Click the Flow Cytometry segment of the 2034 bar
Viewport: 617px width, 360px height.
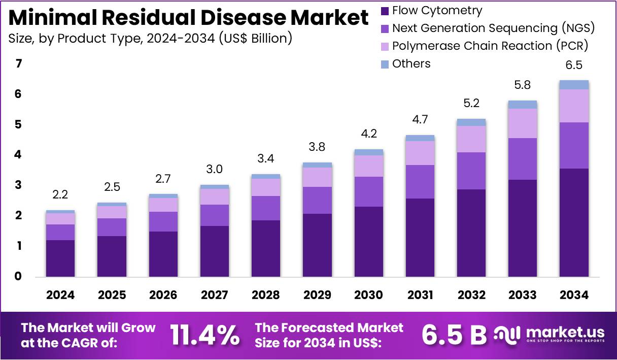574,222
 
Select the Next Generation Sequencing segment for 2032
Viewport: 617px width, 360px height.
471,171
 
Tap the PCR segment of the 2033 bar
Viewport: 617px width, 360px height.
523,123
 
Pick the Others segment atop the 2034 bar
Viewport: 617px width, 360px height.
574,85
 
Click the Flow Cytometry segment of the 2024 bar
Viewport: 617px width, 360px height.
60,258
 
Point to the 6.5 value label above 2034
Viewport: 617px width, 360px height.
574,65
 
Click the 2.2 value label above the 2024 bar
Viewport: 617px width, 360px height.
60,195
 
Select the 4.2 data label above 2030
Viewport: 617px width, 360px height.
369,135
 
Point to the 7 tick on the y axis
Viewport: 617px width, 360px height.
19,64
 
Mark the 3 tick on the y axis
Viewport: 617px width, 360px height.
19,185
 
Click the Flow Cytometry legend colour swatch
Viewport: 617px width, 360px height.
384,11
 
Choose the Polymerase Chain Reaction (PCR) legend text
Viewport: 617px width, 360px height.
490,46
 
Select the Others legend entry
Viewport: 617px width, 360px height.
411,63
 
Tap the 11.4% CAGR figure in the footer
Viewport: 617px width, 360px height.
204,335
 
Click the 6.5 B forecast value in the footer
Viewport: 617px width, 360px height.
454,335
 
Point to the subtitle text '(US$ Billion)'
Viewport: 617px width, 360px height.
255,38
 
